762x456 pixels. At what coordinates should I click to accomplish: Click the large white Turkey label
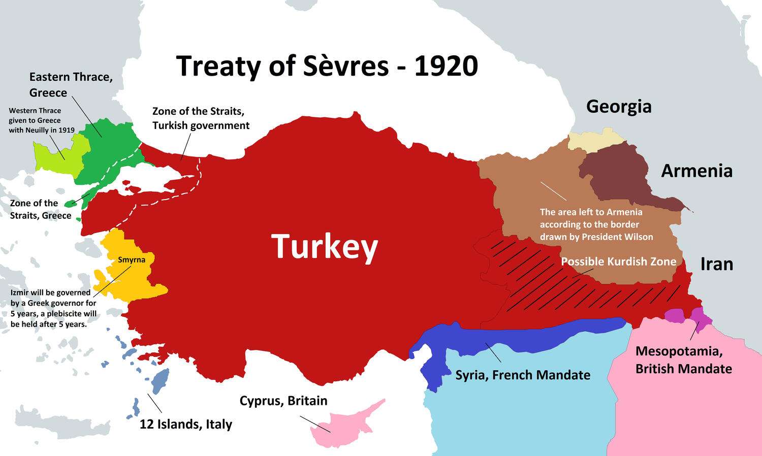325,247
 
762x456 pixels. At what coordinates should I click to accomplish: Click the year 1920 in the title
446,67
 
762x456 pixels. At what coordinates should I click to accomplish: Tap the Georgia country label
618,107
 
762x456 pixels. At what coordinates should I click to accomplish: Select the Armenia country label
696,171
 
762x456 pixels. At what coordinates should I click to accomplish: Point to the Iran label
716,264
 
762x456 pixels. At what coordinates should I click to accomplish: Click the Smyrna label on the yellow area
132,260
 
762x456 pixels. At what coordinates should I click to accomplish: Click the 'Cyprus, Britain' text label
283,401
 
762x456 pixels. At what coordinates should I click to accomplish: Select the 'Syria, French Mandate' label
523,375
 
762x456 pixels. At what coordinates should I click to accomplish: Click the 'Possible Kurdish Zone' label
618,262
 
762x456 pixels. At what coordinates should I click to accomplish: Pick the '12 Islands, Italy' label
186,424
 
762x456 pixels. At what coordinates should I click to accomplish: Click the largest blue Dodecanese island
160,381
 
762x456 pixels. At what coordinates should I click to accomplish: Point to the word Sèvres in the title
346,67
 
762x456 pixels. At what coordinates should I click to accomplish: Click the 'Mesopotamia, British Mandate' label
683,360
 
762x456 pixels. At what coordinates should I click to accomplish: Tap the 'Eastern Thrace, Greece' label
71,85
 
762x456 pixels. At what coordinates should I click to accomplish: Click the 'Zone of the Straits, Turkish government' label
201,118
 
